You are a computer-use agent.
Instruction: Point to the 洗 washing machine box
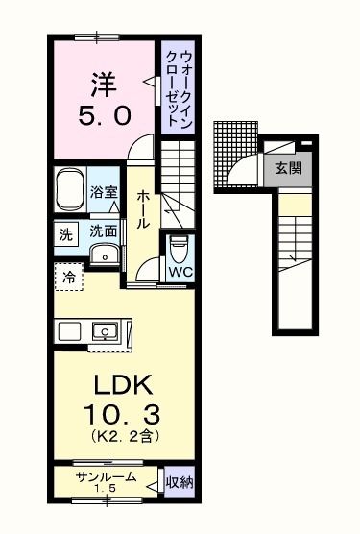65,233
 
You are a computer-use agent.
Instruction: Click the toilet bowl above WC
178,248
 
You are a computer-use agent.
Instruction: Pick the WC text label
180,273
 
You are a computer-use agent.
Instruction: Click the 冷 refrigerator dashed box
69,277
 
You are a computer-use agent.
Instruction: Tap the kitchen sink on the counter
104,332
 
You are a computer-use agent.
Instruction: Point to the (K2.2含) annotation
120,438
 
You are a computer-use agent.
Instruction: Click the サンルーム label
106,477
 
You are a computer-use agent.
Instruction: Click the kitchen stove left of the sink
69,332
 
